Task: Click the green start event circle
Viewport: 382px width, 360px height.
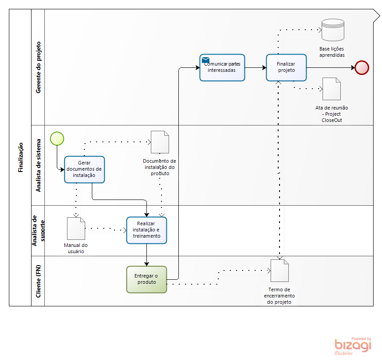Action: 57,138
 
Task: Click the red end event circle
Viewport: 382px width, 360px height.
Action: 362,67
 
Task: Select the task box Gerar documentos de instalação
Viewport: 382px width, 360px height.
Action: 84,169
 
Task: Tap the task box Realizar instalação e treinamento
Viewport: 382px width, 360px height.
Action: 146,230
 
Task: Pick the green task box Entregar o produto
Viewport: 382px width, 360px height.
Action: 146,279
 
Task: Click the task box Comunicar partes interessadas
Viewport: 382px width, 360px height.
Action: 222,67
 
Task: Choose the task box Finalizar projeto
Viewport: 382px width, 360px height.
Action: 287,67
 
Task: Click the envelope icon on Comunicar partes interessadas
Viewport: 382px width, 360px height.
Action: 205,60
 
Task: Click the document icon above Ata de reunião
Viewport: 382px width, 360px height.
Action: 331,89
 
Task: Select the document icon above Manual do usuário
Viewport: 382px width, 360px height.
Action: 76,228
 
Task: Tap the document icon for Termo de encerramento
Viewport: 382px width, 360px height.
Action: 280,271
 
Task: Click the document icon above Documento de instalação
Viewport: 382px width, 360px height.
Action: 160,142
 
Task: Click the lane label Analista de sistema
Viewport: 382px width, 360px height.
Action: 38,165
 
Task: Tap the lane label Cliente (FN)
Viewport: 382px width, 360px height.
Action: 38,281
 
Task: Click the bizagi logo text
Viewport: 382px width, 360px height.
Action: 353,345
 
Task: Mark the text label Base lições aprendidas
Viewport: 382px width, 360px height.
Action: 331,51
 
